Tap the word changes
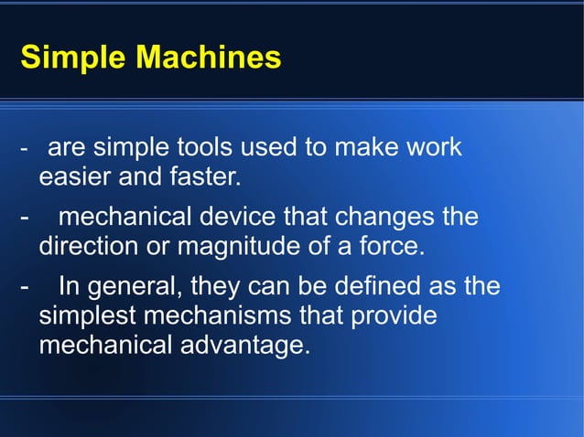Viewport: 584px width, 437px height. coord(377,218)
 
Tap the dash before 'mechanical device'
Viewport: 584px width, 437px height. coord(24,218)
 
